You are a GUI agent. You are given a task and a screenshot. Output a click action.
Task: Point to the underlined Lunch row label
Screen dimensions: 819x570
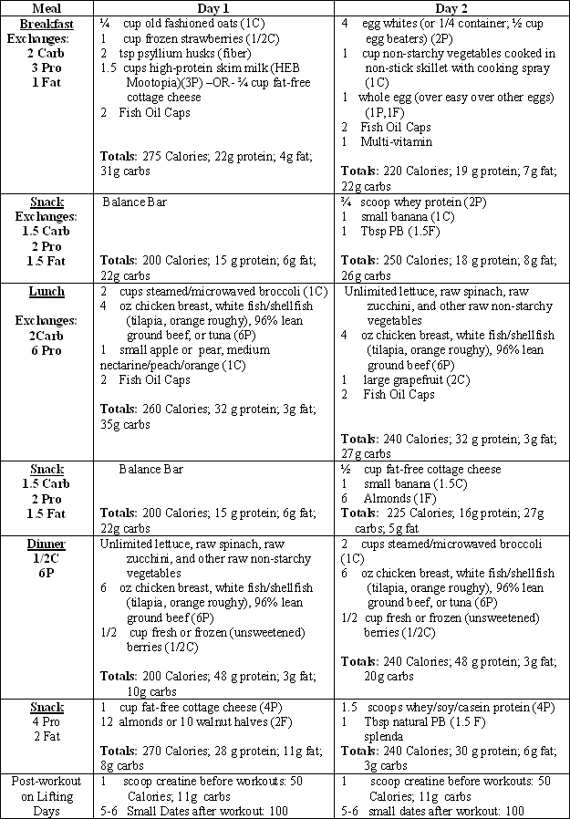click(47, 291)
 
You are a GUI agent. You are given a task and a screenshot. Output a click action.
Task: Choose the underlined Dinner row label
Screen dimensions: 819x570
click(47, 544)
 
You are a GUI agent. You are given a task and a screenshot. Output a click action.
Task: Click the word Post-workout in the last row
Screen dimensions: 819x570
click(47, 782)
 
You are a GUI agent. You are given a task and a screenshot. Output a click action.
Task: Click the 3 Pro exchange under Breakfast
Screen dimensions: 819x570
click(47, 67)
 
